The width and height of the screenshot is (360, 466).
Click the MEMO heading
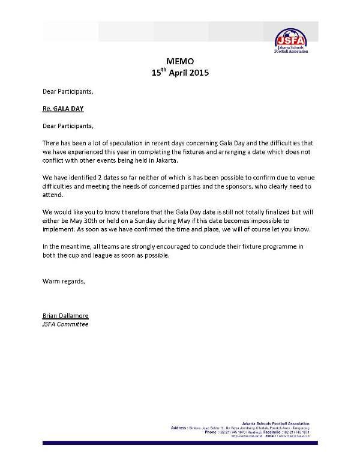pyautogui.click(x=179, y=61)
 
